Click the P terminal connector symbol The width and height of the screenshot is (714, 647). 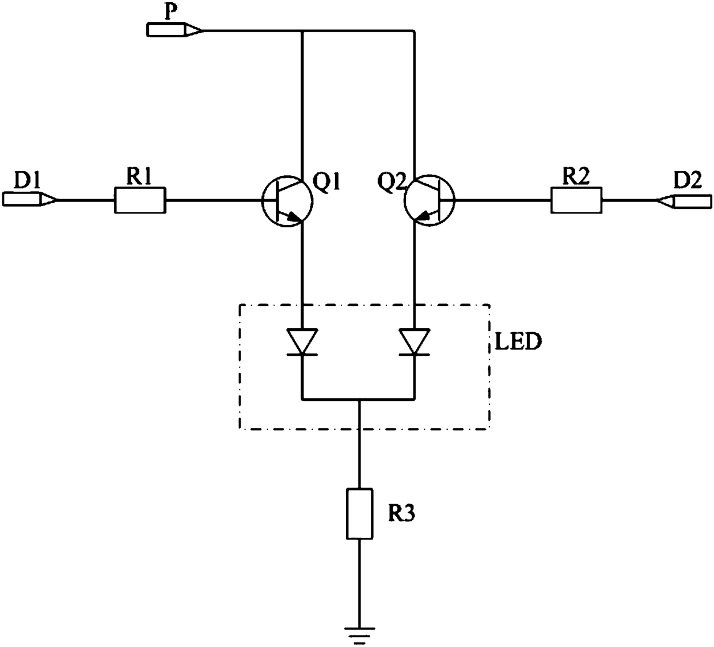[x=174, y=29]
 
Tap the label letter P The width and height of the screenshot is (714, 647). [x=172, y=12]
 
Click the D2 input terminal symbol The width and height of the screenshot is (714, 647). [x=685, y=201]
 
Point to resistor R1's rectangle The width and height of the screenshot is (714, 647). [x=140, y=200]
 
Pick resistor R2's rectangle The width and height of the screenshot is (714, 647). [x=576, y=200]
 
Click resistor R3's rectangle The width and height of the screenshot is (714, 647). [x=359, y=513]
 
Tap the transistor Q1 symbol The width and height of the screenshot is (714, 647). [x=287, y=201]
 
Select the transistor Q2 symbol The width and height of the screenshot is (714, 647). [x=430, y=201]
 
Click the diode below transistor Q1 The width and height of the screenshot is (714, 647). [x=302, y=342]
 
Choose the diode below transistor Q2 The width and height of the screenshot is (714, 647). [x=415, y=342]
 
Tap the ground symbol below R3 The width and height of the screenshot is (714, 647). [x=359, y=635]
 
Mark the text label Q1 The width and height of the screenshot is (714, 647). [x=326, y=182]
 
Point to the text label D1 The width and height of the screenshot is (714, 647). [x=27, y=180]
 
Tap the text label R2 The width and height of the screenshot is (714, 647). [x=576, y=176]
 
